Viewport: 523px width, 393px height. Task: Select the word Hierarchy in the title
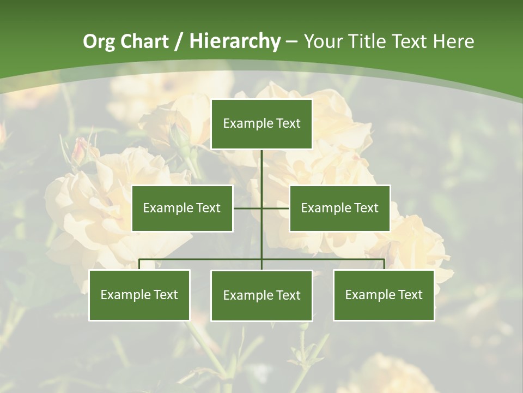click(x=235, y=41)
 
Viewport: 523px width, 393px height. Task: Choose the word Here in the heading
click(x=453, y=41)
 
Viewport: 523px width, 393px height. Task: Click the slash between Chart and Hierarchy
click(x=179, y=41)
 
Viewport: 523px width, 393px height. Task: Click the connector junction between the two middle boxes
click(x=261, y=208)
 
